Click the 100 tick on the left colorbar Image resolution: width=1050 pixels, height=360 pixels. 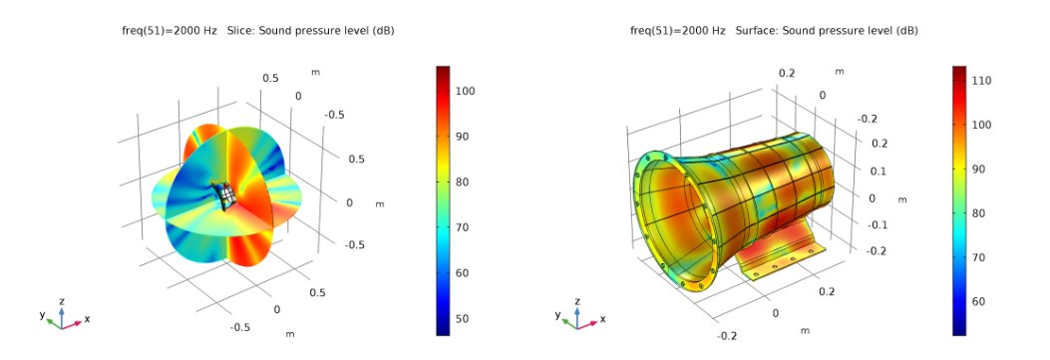466,91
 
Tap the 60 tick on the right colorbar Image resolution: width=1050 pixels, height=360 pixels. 981,301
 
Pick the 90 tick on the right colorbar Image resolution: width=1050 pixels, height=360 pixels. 981,169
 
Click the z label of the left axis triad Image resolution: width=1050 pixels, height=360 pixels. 62,300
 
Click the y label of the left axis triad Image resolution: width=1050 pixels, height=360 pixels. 42,314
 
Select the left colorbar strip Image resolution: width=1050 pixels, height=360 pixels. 444,200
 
